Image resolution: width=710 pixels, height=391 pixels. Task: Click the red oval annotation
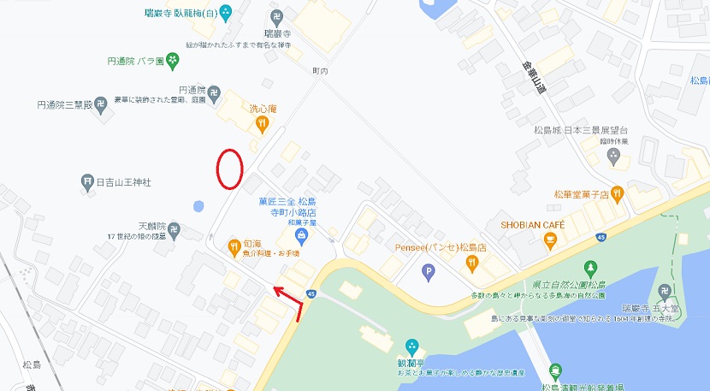228,169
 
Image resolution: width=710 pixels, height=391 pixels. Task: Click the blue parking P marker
429,272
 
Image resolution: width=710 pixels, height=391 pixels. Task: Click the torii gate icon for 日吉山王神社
87,181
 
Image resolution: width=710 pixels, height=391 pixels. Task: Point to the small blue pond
198,206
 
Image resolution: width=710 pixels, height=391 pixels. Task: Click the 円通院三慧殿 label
64,104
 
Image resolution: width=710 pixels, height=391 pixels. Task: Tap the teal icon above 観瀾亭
412,347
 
